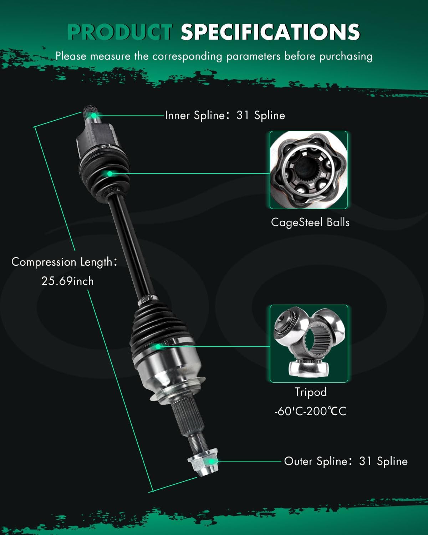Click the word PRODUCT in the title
pos(120,32)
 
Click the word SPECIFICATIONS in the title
pos(270,32)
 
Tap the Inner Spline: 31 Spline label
pos(225,115)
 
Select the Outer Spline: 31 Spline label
pos(346,461)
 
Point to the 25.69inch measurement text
pos(67,281)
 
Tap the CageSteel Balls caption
pos(310,222)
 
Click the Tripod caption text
pos(310,392)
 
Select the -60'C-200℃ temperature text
pos(310,411)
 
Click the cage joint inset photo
pos(309,170)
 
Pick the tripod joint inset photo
pos(309,343)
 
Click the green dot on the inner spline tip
pos(94,115)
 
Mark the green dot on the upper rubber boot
pos(110,174)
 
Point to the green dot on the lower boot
pos(158,346)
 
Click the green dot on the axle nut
pos(212,461)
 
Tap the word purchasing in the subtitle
pos(346,56)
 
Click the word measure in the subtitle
pos(110,56)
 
